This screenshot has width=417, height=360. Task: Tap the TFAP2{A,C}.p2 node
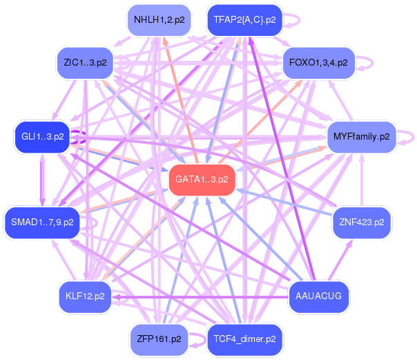click(x=244, y=20)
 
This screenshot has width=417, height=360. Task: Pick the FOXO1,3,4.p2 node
click(x=318, y=63)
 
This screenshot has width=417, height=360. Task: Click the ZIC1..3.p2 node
click(x=85, y=63)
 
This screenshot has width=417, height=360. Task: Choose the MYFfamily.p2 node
click(x=361, y=136)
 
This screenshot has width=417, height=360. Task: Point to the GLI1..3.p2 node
click(x=43, y=136)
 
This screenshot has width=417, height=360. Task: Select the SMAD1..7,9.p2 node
click(x=42, y=222)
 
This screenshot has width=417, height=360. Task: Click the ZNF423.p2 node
click(x=362, y=222)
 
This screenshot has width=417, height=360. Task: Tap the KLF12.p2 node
click(x=85, y=296)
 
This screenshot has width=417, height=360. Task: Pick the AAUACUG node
click(x=318, y=296)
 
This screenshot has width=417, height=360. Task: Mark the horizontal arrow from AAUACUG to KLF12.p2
click(x=200, y=296)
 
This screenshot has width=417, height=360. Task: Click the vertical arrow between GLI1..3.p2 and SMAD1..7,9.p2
click(x=43, y=180)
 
